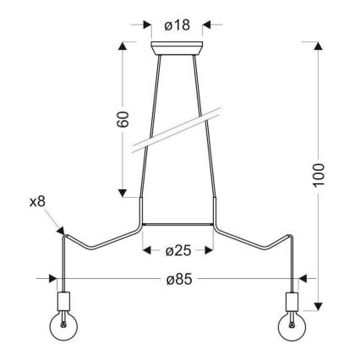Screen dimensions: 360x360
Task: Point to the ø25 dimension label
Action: coord(177,250)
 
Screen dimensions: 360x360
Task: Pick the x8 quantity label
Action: coord(36,203)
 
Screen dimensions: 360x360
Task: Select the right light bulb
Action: coord(292,325)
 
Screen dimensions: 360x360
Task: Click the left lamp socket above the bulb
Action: coord(62,302)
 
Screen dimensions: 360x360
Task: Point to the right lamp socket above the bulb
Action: coord(292,302)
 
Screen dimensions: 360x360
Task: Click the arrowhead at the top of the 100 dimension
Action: coord(319,46)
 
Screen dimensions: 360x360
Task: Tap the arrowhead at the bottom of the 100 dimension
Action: coord(319,306)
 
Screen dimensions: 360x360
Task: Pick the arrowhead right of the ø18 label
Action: coord(209,25)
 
